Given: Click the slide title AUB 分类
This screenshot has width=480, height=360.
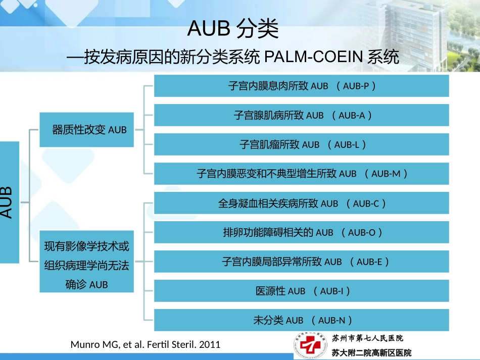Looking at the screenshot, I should point(233,29).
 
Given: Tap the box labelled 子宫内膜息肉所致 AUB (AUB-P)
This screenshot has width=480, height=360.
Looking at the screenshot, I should point(301,86).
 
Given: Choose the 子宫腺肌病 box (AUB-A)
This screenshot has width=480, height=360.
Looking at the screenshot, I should point(301,115).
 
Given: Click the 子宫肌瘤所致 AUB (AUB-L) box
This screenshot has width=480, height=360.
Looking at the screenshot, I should point(301,144).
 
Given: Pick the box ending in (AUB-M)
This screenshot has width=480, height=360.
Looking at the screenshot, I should point(301,174).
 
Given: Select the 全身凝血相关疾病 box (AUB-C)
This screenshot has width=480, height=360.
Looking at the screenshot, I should point(301,203).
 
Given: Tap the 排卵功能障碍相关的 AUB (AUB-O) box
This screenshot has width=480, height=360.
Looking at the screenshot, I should point(301,232).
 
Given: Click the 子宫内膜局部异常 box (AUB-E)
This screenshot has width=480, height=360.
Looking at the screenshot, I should point(301,262).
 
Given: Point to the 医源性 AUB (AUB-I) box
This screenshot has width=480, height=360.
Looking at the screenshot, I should point(301,291).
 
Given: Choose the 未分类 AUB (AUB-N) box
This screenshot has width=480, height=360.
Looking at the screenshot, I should point(301,320).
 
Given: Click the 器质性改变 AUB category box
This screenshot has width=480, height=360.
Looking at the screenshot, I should point(87,130).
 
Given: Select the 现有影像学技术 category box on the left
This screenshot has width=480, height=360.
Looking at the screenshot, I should point(87,265).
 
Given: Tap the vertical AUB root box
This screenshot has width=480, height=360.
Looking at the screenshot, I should point(9,202).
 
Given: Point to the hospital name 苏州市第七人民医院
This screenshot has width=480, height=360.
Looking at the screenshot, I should point(367,338).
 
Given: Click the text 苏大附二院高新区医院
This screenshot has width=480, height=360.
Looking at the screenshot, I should point(371,352).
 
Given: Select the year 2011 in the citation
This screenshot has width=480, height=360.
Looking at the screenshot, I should point(210,345).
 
